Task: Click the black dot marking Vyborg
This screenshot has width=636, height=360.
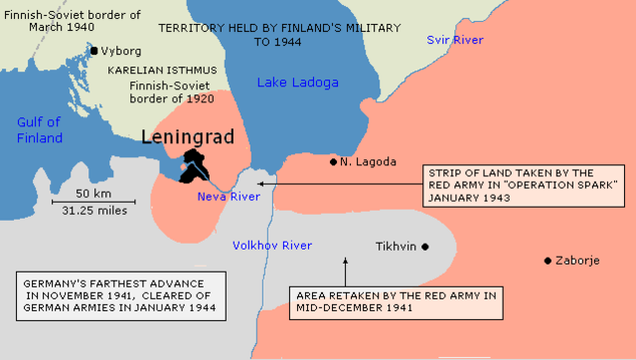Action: (94, 50)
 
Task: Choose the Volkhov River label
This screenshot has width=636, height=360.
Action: (271, 245)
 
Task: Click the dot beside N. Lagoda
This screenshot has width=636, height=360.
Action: (334, 161)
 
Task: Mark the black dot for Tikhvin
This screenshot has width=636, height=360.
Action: (424, 246)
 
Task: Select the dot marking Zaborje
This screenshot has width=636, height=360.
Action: (548, 261)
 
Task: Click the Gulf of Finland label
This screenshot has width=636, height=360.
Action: (39, 130)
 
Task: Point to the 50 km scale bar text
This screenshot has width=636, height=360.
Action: (92, 192)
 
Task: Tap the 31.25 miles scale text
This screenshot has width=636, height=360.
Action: (92, 210)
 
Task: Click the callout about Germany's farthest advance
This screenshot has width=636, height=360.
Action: (119, 294)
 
